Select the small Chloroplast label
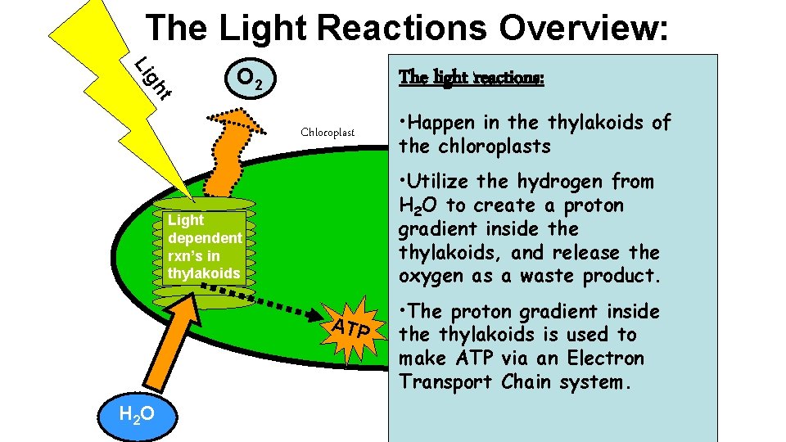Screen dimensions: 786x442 click(327, 132)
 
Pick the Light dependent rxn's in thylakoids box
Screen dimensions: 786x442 click(204, 246)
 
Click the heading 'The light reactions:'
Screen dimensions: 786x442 click(471, 78)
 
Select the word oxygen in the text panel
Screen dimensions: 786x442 click(429, 276)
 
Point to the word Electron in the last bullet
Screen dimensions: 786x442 click(606, 358)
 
